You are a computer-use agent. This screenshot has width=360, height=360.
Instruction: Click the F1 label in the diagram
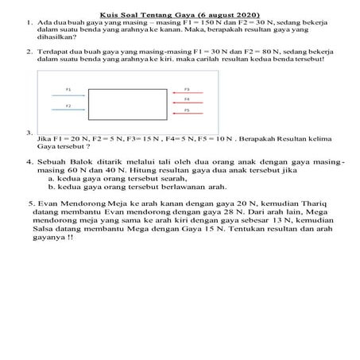click(68, 89)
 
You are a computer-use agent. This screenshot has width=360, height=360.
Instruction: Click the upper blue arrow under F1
click(69, 95)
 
